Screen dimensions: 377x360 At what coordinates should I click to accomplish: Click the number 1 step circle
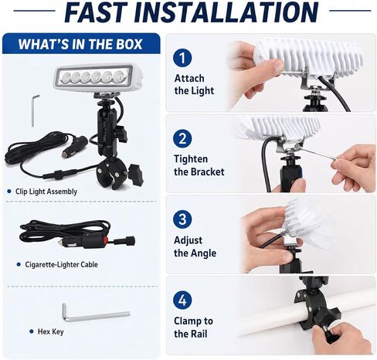[x=182, y=58]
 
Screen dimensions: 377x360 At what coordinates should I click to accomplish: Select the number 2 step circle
[x=182, y=138]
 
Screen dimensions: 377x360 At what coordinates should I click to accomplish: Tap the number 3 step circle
[x=182, y=219]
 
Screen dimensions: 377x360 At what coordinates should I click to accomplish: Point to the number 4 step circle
[x=182, y=300]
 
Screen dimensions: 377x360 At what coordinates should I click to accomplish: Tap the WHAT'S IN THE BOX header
[x=80, y=44]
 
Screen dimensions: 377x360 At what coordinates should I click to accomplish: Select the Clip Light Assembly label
[x=46, y=192]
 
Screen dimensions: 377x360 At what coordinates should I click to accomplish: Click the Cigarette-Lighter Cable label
[x=61, y=264]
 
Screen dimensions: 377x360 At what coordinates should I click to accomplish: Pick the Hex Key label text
[x=50, y=331]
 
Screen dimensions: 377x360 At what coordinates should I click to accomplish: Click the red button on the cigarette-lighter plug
[x=105, y=240]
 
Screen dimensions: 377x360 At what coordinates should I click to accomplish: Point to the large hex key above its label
[x=96, y=313]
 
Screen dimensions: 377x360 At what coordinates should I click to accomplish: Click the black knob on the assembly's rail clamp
[x=136, y=175]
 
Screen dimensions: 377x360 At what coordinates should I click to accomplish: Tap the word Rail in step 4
[x=199, y=334]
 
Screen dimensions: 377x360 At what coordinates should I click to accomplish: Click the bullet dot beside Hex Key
[x=32, y=331]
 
